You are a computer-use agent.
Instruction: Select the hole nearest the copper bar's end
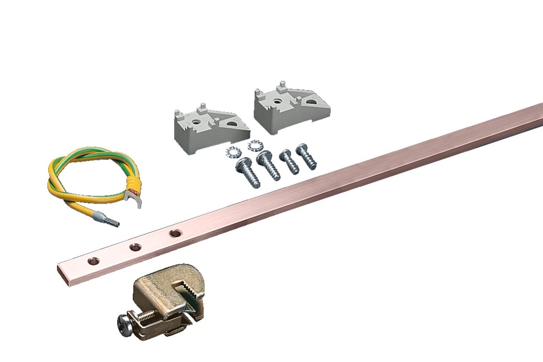point(93,261)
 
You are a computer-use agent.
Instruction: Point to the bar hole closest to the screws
point(175,234)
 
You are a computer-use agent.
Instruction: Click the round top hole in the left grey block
point(196,122)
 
